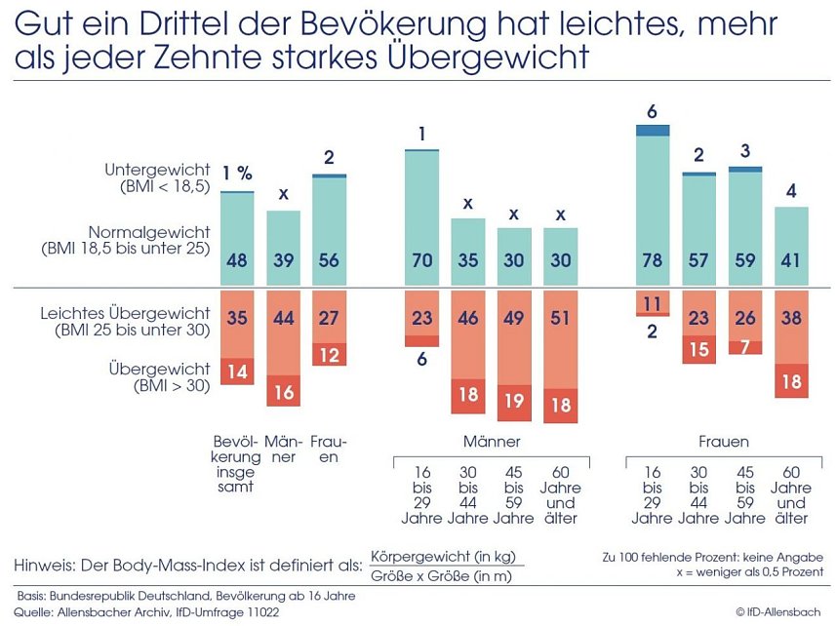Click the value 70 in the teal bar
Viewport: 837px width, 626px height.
422,261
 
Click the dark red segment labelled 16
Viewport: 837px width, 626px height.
284,391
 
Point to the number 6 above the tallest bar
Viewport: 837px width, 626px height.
653,110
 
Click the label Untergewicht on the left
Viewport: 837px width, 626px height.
157,170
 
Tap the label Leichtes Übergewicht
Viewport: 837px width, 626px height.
126,313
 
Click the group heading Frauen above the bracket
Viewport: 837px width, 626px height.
722,441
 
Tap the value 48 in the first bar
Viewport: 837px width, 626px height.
237,261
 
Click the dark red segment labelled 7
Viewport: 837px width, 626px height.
745,347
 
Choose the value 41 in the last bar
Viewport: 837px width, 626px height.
792,261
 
